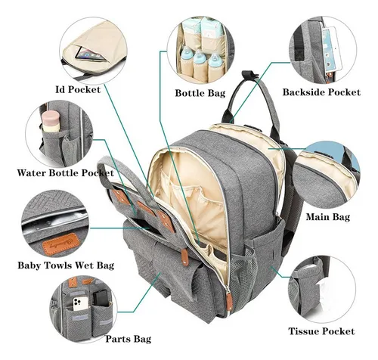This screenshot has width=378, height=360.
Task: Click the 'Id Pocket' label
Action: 78,89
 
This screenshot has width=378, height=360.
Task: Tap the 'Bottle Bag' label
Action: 200,93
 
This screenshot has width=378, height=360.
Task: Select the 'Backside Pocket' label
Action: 321,92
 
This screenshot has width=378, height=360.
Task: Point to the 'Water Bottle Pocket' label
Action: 66,173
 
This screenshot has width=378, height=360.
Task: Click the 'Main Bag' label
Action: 328,217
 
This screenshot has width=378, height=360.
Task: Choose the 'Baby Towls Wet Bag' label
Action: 66,265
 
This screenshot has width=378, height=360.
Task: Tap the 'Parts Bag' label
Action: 129,339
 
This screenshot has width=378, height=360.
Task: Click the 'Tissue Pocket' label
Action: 321,331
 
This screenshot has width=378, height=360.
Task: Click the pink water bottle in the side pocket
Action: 50,123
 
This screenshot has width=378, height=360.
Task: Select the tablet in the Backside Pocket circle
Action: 331,49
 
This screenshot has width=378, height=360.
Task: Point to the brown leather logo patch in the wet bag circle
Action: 60,244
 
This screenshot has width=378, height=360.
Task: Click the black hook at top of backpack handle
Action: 249,76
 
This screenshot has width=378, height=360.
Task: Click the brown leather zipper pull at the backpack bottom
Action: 229,300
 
